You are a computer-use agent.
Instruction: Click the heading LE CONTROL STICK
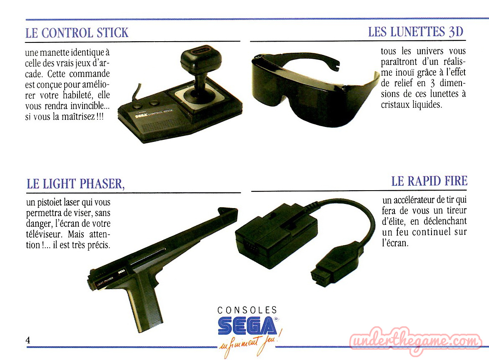[77, 33]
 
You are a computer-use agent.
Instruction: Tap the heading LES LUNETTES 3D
[416, 32]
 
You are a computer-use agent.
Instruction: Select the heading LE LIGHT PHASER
[75, 184]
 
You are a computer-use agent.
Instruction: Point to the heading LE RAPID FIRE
[429, 181]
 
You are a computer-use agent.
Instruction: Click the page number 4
[28, 340]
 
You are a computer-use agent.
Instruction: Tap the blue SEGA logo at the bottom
[247, 325]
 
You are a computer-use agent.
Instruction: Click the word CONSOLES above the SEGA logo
[247, 310]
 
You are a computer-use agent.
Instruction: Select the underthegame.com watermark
[415, 341]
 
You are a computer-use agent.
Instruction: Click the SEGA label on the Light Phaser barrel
[121, 271]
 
